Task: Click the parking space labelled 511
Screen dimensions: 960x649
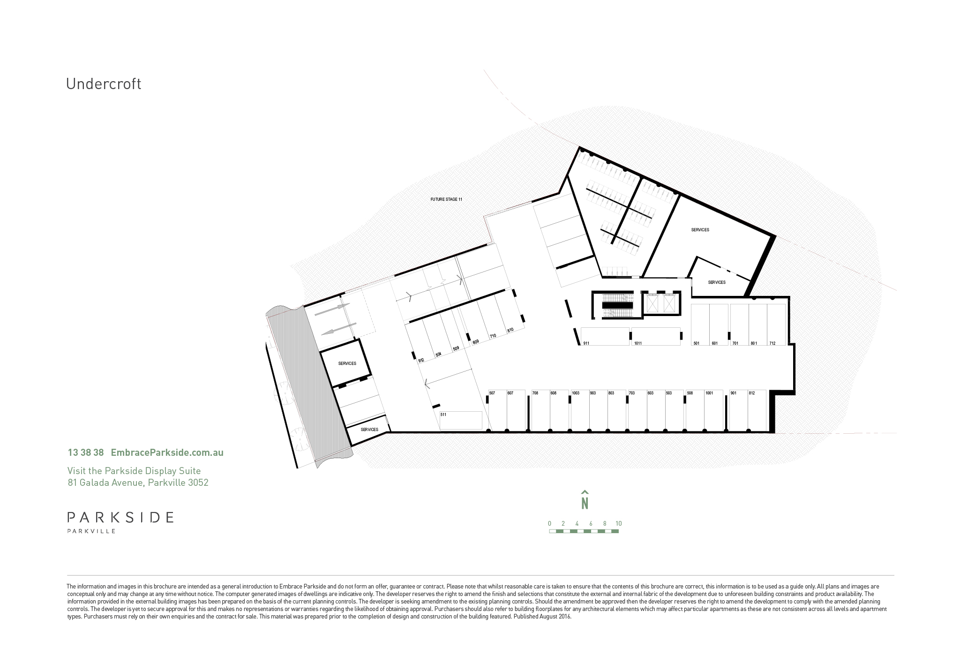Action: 461,420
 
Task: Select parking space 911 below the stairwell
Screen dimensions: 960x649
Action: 605,336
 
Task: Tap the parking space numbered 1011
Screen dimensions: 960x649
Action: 656,336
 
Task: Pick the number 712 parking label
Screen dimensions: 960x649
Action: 772,343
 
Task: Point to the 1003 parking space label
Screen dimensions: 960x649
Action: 576,393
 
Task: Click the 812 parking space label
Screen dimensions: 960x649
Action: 752,393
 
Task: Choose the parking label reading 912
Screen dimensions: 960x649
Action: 421,360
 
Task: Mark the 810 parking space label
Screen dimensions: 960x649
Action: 510,330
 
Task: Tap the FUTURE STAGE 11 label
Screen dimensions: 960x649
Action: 446,199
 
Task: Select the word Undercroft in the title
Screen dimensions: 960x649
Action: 104,84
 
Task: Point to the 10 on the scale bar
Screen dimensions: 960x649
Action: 619,524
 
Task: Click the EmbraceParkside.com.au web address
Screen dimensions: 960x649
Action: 167,453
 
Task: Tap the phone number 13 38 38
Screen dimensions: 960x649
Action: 86,453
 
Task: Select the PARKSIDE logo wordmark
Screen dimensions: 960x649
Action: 120,517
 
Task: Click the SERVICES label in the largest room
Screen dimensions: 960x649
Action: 700,230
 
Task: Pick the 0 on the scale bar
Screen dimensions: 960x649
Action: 549,524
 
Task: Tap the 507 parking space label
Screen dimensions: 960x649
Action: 492,393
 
